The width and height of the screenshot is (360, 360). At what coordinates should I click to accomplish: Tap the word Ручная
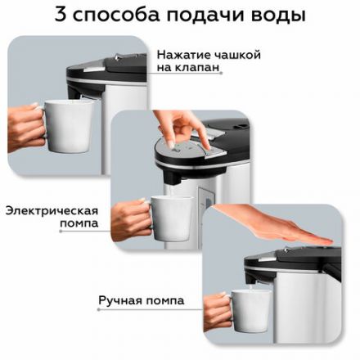124,300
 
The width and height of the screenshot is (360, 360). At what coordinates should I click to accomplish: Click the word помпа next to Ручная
165,300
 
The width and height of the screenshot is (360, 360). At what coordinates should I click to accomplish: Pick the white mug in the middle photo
173,216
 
